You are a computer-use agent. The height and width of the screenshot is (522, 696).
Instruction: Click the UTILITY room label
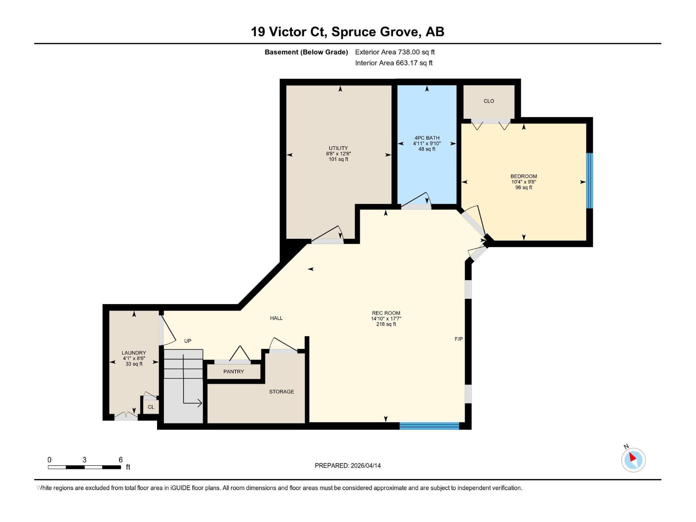338,148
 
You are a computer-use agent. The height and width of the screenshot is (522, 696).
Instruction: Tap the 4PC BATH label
427,138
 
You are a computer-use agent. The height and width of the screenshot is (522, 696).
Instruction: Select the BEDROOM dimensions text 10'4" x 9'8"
524,182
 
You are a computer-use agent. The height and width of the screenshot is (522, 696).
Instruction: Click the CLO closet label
489,101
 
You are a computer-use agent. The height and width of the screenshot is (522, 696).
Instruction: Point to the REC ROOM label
386,313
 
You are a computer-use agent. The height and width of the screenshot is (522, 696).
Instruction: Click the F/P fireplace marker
458,339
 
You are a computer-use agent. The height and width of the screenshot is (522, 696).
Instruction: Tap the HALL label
276,318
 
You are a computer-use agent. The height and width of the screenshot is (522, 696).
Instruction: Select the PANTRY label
234,371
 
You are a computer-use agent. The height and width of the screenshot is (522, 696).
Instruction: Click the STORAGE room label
281,391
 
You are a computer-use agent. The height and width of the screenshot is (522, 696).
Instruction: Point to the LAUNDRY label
134,353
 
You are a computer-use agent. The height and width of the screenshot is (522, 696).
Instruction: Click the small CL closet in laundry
151,407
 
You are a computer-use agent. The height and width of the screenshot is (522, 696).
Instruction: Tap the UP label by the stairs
187,341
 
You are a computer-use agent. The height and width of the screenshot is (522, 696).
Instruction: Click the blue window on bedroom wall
589,181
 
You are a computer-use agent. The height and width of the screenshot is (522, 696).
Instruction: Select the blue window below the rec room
429,426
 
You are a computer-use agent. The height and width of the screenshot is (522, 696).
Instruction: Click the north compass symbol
633,459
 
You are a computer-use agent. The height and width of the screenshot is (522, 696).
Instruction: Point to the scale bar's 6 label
120,460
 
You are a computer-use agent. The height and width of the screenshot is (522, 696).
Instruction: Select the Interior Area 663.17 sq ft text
394,63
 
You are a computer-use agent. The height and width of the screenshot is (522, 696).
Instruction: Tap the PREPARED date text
348,465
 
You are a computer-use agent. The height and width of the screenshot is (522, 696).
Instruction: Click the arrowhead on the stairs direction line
200,403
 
